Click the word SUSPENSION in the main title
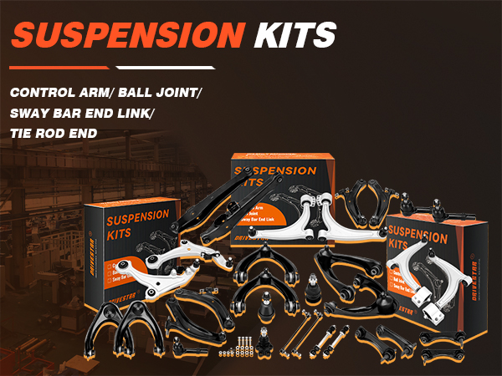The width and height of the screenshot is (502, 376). tap(126, 35)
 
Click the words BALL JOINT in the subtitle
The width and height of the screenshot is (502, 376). tap(159, 91)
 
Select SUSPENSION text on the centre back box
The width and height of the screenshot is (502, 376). tap(275, 170)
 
